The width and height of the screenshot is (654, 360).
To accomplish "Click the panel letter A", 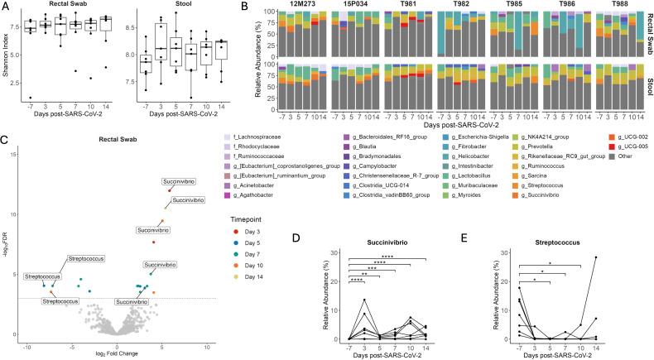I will tap(5, 6).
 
